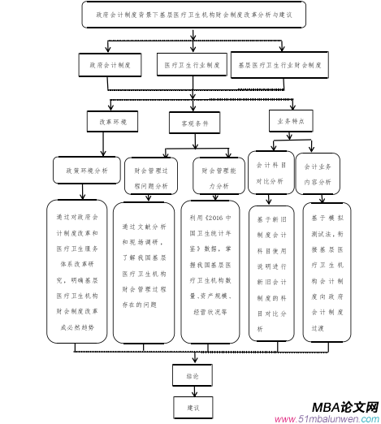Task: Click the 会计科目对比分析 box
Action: click(271, 175)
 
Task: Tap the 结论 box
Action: click(193, 375)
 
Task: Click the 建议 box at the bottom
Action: click(193, 405)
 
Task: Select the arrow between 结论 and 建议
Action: click(193, 391)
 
